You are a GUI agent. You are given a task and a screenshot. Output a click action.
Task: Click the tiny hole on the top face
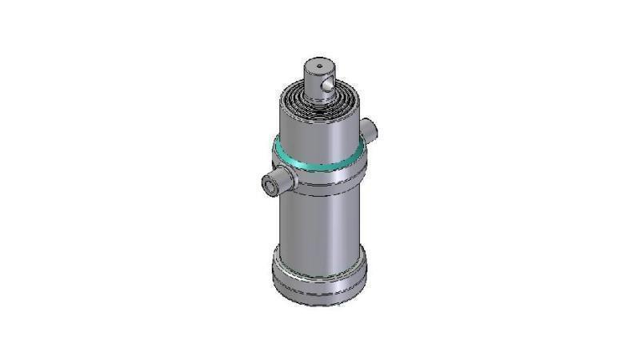tap(318, 65)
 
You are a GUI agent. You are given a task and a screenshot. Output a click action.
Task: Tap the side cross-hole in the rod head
tap(329, 82)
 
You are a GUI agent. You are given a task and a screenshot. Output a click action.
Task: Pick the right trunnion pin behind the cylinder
tap(367, 127)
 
